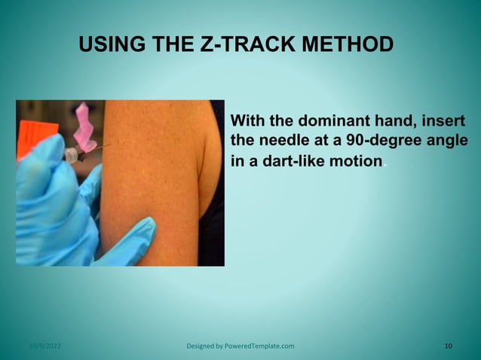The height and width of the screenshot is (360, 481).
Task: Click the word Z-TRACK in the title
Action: (x=240, y=44)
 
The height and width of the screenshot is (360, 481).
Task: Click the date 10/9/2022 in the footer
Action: (x=45, y=346)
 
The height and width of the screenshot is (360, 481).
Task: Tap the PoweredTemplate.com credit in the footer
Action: (x=240, y=346)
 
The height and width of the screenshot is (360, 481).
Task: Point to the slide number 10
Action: (x=449, y=346)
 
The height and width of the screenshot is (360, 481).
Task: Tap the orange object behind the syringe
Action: (x=30, y=128)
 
